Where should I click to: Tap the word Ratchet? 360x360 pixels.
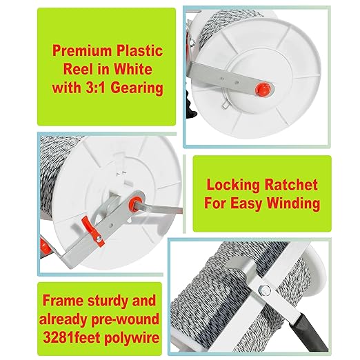click(290, 185)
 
